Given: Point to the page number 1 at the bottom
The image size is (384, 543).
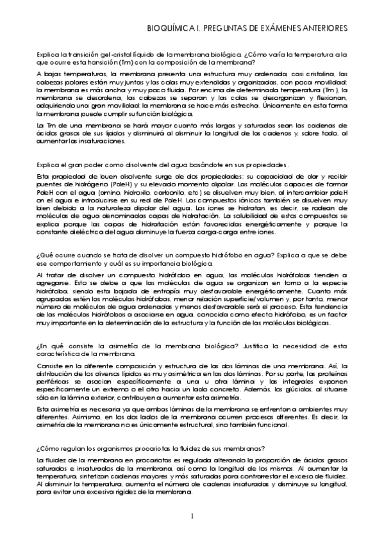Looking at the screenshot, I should [192, 515].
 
